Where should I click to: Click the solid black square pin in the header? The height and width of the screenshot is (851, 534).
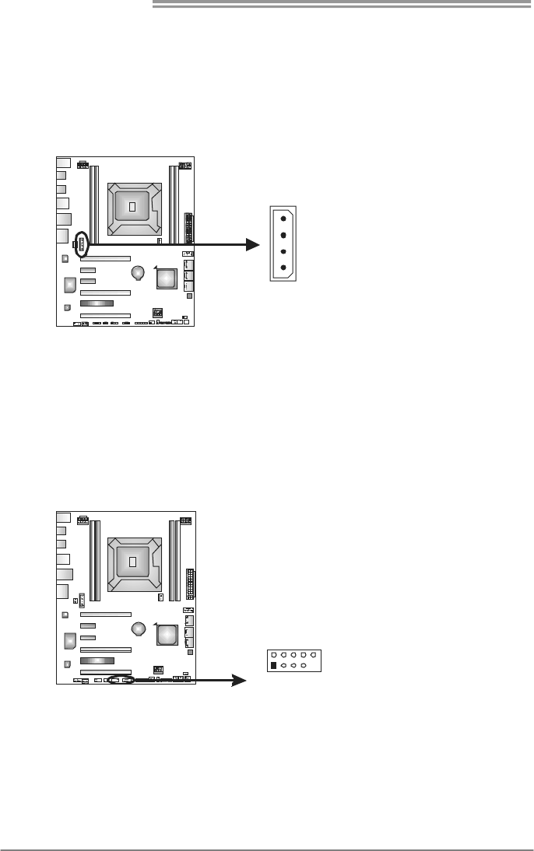tap(272, 666)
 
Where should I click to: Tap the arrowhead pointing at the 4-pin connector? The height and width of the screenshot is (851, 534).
tap(251, 244)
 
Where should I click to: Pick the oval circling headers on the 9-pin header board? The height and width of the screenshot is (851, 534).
tap(121, 679)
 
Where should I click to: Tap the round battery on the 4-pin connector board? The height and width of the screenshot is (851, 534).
tap(139, 272)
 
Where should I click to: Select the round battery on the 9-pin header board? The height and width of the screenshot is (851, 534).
tap(139, 628)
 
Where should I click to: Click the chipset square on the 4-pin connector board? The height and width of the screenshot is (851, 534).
tap(167, 278)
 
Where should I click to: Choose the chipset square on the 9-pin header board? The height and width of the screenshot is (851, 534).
tap(167, 635)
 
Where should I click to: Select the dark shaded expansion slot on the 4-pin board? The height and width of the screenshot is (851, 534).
tap(97, 303)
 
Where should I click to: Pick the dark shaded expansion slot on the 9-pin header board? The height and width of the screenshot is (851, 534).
tap(97, 659)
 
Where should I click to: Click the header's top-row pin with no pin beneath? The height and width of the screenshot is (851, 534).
tap(313, 655)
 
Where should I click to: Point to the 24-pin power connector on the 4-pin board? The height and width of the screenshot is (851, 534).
tap(188, 227)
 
